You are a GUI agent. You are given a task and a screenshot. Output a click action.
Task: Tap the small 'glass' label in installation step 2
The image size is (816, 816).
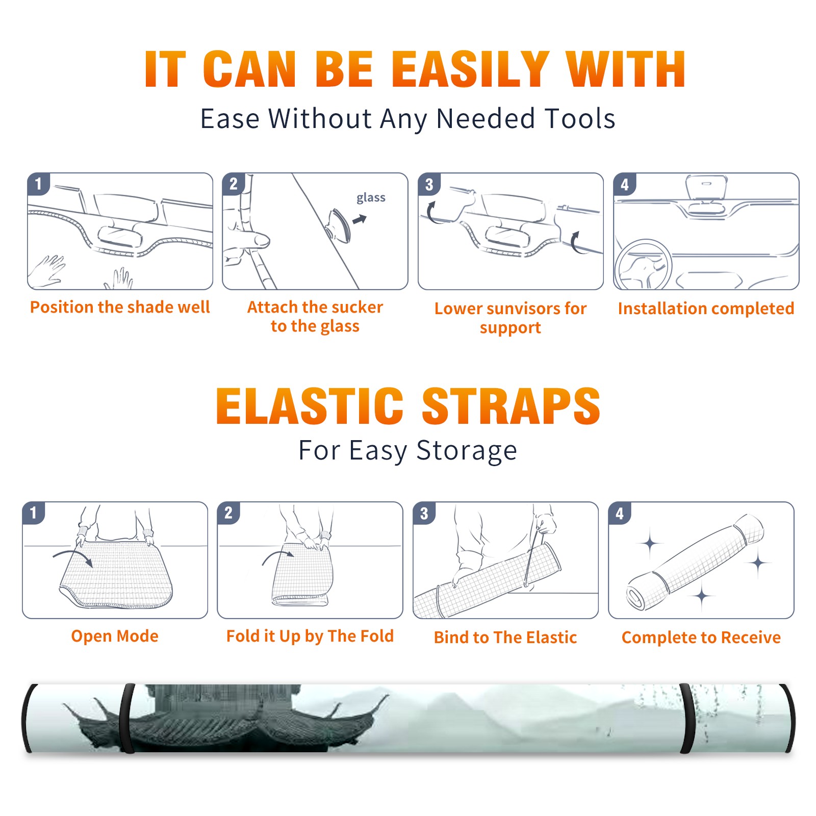coord(371,198)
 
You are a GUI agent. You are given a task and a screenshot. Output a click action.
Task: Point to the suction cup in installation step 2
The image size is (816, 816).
coord(339,225)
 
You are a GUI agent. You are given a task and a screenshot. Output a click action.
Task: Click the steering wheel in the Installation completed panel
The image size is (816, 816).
coord(643,265)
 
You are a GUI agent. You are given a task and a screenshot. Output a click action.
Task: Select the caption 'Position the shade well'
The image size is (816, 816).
coord(120,307)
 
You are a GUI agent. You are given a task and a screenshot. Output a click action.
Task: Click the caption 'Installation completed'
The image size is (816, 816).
coord(706,309)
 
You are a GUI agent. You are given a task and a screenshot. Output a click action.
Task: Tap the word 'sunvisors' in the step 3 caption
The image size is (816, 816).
coord(523,309)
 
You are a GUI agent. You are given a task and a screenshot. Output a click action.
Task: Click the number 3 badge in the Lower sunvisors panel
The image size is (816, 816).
coord(429,184)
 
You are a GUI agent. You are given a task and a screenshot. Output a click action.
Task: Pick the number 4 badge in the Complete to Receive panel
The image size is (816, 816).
coord(620,513)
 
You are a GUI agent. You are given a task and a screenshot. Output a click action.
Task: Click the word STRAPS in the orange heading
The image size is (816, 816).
coord(511,406)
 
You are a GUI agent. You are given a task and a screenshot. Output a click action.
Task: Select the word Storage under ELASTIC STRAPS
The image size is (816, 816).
coord(467,451)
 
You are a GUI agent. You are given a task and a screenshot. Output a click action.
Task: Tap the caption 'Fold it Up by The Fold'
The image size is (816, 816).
coord(310,636)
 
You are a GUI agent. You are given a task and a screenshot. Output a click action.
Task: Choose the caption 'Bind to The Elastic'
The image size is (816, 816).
coord(505,637)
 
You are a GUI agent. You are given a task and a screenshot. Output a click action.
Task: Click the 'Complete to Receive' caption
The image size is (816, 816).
coord(701,637)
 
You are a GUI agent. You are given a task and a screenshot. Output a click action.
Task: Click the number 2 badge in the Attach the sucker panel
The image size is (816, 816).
coord(234,184)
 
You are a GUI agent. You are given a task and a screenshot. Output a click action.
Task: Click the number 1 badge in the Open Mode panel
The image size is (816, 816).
coord(34,513)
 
